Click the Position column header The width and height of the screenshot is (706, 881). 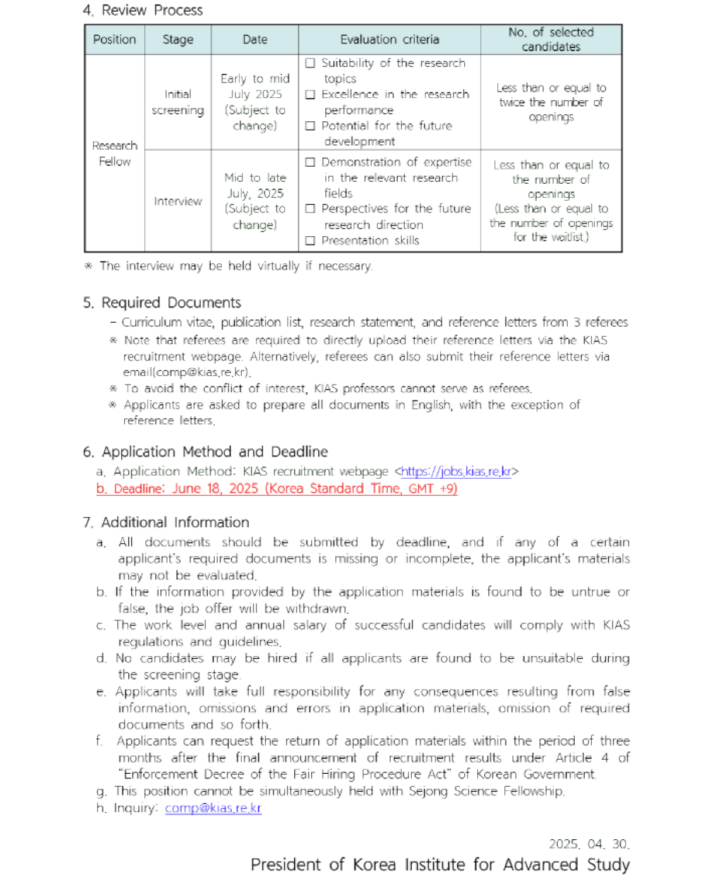tap(114, 39)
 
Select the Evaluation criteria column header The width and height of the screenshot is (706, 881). tap(389, 39)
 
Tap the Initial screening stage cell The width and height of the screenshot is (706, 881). tap(178, 102)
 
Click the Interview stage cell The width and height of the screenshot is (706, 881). tap(178, 201)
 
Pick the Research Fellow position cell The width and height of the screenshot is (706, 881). tap(115, 153)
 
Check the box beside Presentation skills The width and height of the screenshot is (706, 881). tap(310, 240)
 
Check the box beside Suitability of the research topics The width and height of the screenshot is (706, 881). tap(310, 63)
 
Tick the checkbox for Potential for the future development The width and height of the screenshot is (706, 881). tap(310, 125)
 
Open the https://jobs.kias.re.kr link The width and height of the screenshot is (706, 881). tap(456, 471)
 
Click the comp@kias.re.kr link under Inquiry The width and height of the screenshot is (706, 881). tap(213, 807)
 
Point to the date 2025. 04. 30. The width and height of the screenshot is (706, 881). tap(589, 843)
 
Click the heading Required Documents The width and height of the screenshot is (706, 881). tap(171, 302)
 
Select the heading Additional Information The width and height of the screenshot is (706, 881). tap(175, 522)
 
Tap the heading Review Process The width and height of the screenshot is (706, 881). tap(152, 10)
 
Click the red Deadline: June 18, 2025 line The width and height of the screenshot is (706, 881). tap(277, 488)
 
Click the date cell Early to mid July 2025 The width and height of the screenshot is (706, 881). tap(255, 102)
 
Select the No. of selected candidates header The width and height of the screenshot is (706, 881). tap(551, 39)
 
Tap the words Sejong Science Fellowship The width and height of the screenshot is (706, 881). tap(508, 791)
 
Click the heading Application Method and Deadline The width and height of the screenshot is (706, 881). tap(215, 452)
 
